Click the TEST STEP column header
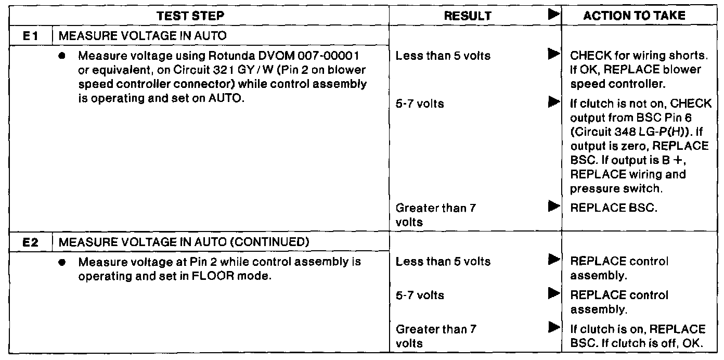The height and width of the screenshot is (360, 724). pos(191,16)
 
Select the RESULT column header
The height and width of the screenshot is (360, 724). pos(467,16)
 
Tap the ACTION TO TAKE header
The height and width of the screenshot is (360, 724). pos(634,16)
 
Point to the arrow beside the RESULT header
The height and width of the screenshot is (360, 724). pos(553,16)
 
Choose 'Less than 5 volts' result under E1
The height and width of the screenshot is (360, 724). pos(443,55)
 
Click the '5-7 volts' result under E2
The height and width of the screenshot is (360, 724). pos(420,295)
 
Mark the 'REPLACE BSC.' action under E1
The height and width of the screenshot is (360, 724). pos(614,208)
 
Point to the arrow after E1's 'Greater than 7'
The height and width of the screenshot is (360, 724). pos(553,208)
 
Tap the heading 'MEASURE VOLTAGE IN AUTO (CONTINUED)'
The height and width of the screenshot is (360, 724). pos(177,242)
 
